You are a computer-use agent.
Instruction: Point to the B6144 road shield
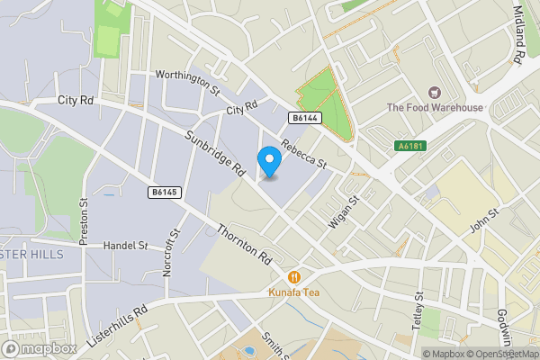pyautogui.click(x=305, y=118)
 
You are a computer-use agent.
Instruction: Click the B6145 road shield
pyautogui.click(x=164, y=192)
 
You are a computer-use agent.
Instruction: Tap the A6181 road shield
pyautogui.click(x=409, y=146)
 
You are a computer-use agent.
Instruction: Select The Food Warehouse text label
pyautogui.click(x=435, y=108)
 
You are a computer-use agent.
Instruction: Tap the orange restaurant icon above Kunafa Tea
pyautogui.click(x=293, y=277)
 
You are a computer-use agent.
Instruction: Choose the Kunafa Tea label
pyautogui.click(x=293, y=292)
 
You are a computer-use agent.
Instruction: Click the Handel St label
pyautogui.click(x=125, y=245)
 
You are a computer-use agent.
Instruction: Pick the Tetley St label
pyautogui.click(x=418, y=310)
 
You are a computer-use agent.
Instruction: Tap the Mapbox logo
pyautogui.click(x=38, y=348)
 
